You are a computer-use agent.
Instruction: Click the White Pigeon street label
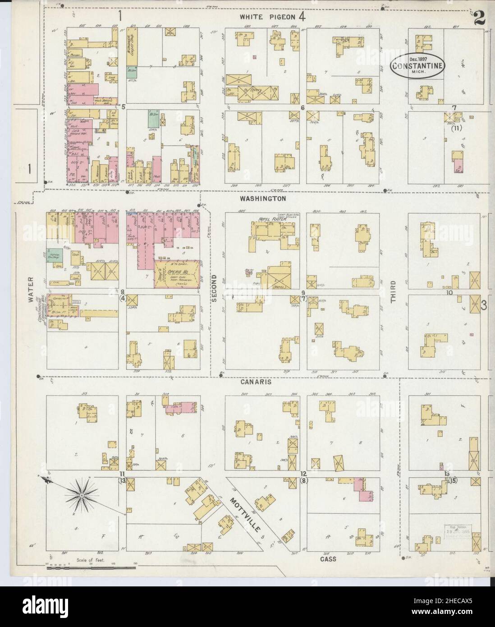(x=267, y=17)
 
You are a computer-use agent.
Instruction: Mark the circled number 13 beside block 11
(x=122, y=481)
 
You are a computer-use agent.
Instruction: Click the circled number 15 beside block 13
(x=453, y=481)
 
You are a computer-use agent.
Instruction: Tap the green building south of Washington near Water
(x=56, y=254)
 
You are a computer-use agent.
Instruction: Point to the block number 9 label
(x=303, y=292)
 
